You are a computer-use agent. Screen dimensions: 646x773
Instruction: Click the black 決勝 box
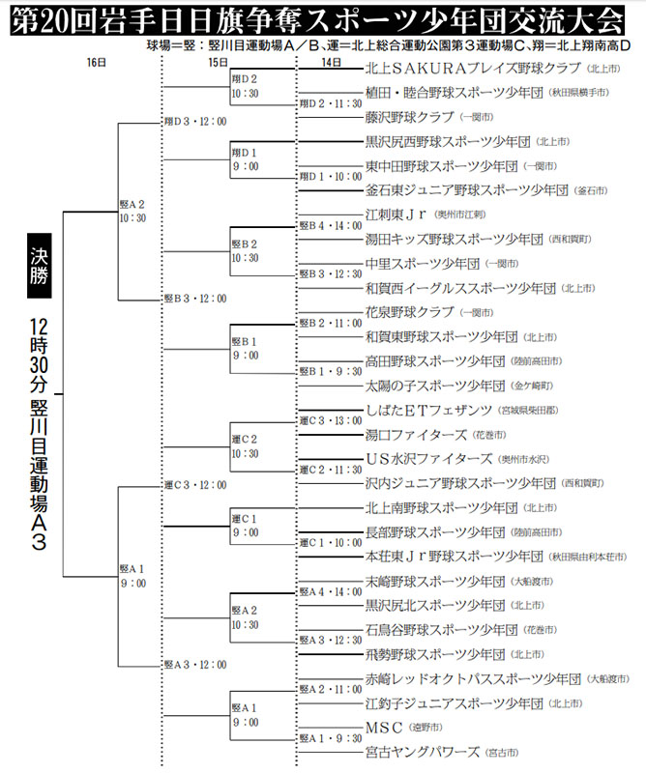pyautogui.click(x=39, y=266)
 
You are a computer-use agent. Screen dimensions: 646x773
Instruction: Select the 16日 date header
pyautogui.click(x=97, y=63)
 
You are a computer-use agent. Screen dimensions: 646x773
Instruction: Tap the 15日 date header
pyautogui.click(x=218, y=63)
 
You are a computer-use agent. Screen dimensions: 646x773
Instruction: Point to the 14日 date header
pyautogui.click(x=331, y=63)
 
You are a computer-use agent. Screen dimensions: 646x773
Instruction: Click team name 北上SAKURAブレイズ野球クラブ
pyautogui.click(x=473, y=68)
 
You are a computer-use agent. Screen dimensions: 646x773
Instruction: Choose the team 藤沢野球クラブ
pyautogui.click(x=410, y=117)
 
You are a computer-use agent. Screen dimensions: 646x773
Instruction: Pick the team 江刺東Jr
pyautogui.click(x=396, y=215)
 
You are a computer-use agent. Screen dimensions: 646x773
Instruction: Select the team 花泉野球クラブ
pyautogui.click(x=410, y=312)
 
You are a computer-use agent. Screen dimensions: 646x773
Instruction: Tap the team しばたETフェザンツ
pyautogui.click(x=428, y=410)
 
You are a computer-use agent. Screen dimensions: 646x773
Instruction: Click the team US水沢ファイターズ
pyautogui.click(x=428, y=458)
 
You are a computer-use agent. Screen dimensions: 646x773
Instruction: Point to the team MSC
pyautogui.click(x=384, y=728)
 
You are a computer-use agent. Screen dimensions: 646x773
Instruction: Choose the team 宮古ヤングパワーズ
pyautogui.click(x=423, y=752)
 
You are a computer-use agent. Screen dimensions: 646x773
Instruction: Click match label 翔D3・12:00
pyautogui.click(x=195, y=122)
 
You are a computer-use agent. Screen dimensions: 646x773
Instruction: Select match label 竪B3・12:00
pyautogui.click(x=195, y=299)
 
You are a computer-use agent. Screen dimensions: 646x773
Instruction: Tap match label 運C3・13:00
pyautogui.click(x=331, y=420)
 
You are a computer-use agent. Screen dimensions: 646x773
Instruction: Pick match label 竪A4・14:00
pyautogui.click(x=331, y=591)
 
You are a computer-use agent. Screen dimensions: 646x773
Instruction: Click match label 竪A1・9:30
pyautogui.click(x=331, y=738)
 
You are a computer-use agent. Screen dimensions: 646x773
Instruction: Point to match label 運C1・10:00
pyautogui.click(x=331, y=543)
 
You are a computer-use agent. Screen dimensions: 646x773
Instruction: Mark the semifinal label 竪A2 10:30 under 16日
pyautogui.click(x=132, y=211)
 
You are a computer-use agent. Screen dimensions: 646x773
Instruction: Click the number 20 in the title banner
pyautogui.click(x=54, y=21)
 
